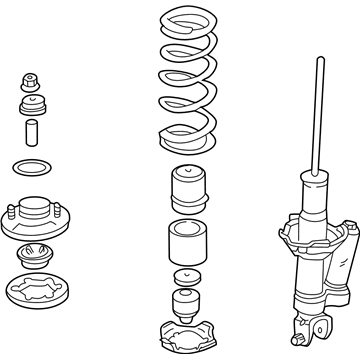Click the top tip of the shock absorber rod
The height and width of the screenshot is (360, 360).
pos(319,62)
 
